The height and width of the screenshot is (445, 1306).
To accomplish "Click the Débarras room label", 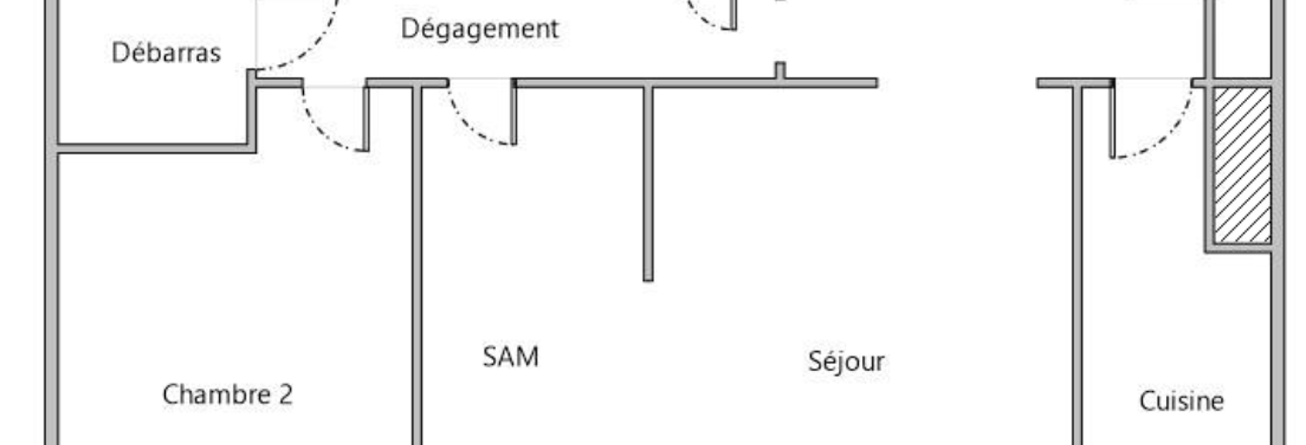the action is [166, 52].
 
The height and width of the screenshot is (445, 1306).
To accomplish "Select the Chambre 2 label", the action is [228, 395].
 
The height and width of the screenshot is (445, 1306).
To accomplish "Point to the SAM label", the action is [511, 356].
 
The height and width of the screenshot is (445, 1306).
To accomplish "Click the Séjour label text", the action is [846, 361].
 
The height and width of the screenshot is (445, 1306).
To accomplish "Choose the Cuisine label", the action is [1181, 402].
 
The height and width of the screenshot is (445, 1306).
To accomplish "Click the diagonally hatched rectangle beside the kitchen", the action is [1243, 166].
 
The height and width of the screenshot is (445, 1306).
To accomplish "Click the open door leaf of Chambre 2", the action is [366, 119].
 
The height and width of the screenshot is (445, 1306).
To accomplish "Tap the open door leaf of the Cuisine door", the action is [1112, 120].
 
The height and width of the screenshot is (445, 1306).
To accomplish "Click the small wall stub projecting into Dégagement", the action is [780, 70].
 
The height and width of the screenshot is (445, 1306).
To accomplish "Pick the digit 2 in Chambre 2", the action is [286, 395].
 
